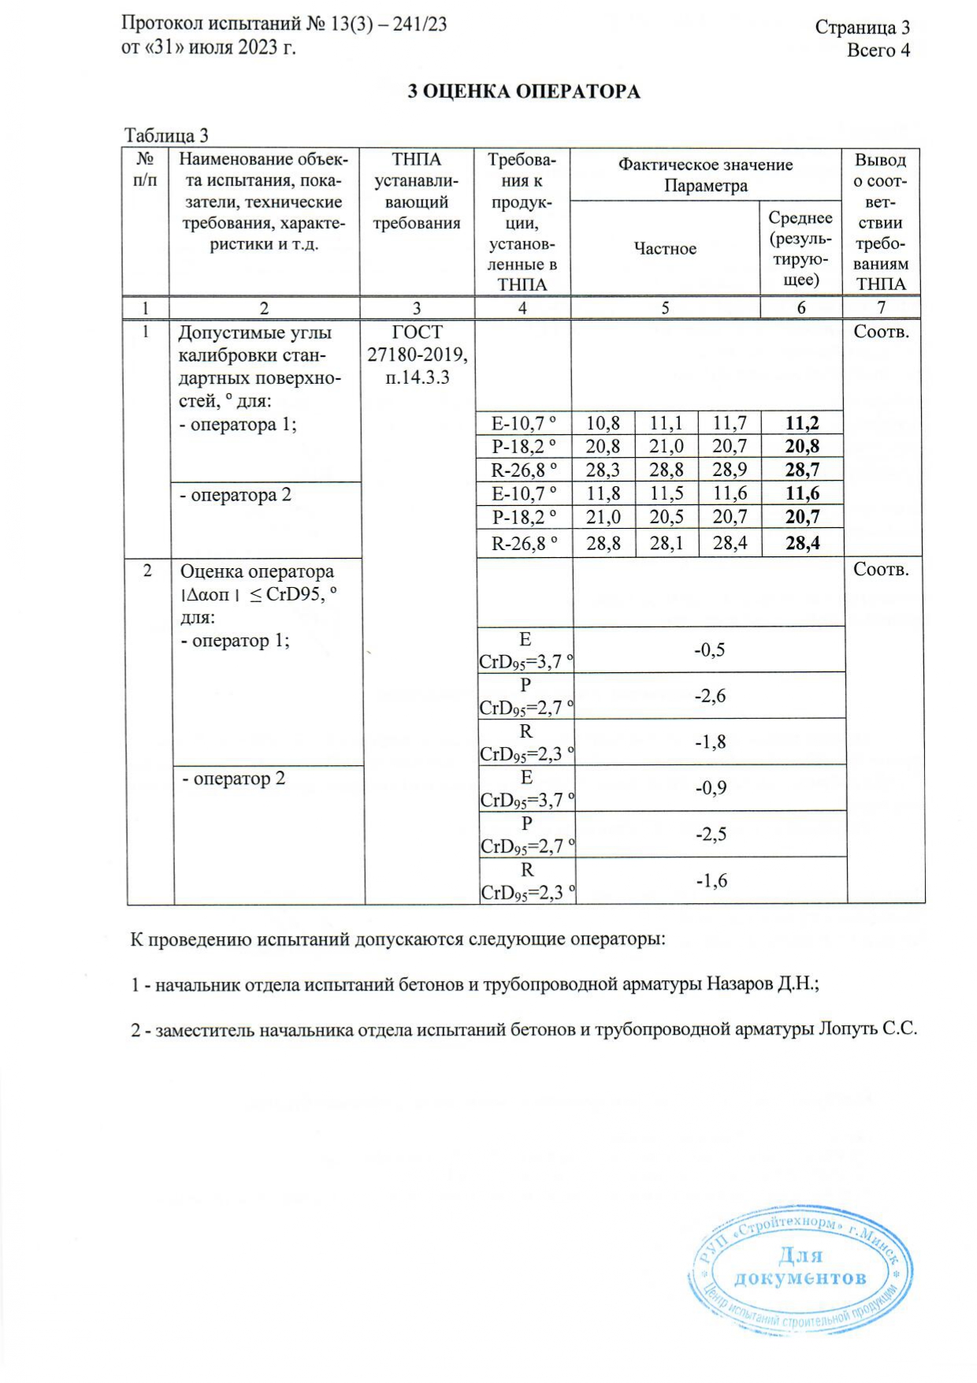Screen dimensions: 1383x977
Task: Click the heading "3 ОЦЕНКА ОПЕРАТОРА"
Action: tap(523, 92)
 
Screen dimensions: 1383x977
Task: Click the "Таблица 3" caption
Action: tap(166, 136)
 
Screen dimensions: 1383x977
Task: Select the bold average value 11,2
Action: tap(801, 423)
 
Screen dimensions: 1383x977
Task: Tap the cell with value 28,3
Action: tap(603, 470)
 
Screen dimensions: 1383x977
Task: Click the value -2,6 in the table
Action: tap(709, 696)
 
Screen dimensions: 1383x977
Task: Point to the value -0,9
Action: tap(710, 788)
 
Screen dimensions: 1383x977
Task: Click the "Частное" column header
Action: tap(665, 249)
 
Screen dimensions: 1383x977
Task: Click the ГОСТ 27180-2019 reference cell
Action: tap(417, 355)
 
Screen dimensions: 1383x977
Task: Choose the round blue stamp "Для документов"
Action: tap(801, 1268)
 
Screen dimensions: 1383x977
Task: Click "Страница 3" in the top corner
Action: tap(862, 28)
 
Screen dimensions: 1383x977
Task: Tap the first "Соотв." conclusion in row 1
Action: tap(881, 332)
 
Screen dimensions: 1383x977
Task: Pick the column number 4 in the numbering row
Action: tap(522, 308)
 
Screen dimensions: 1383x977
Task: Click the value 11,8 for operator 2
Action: tap(603, 494)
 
